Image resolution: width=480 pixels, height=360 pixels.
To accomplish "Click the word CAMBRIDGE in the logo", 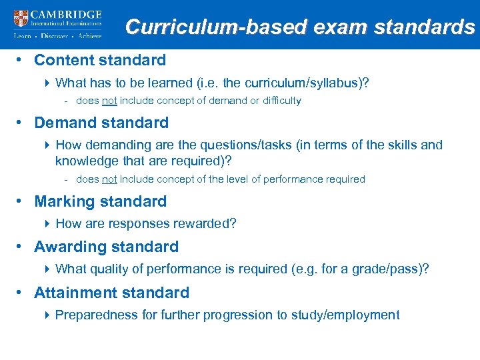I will click(66, 15).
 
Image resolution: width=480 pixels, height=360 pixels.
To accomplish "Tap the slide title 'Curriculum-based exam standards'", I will click(300, 27).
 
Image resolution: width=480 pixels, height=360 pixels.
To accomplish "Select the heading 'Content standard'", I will click(100, 60).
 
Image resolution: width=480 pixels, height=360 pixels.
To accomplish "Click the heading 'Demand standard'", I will click(101, 123).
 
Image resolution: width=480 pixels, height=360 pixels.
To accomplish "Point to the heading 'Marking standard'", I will click(100, 201).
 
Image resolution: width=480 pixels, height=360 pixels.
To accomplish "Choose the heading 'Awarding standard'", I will click(107, 247).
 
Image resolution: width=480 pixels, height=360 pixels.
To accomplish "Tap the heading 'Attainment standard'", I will click(111, 293).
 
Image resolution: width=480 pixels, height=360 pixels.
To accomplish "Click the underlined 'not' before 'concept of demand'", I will click(109, 101).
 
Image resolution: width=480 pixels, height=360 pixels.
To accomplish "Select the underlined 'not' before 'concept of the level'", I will click(109, 179).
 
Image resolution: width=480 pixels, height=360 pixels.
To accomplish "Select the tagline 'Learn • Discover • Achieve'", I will click(56, 36).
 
